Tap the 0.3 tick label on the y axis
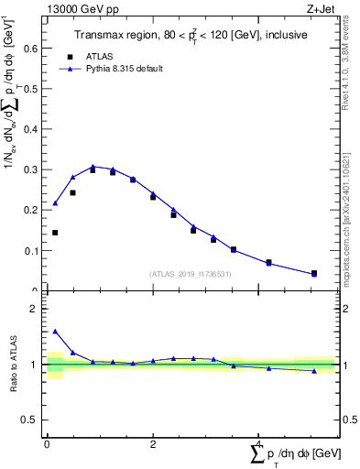(34, 169)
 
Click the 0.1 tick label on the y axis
(34, 250)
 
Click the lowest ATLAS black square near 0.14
(55, 233)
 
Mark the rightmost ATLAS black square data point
(314, 273)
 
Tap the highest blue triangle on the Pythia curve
(93, 167)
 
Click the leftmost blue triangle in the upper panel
(55, 203)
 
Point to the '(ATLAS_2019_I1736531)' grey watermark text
(190, 274)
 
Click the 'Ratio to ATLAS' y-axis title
(14, 365)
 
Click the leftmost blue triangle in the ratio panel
(55, 332)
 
